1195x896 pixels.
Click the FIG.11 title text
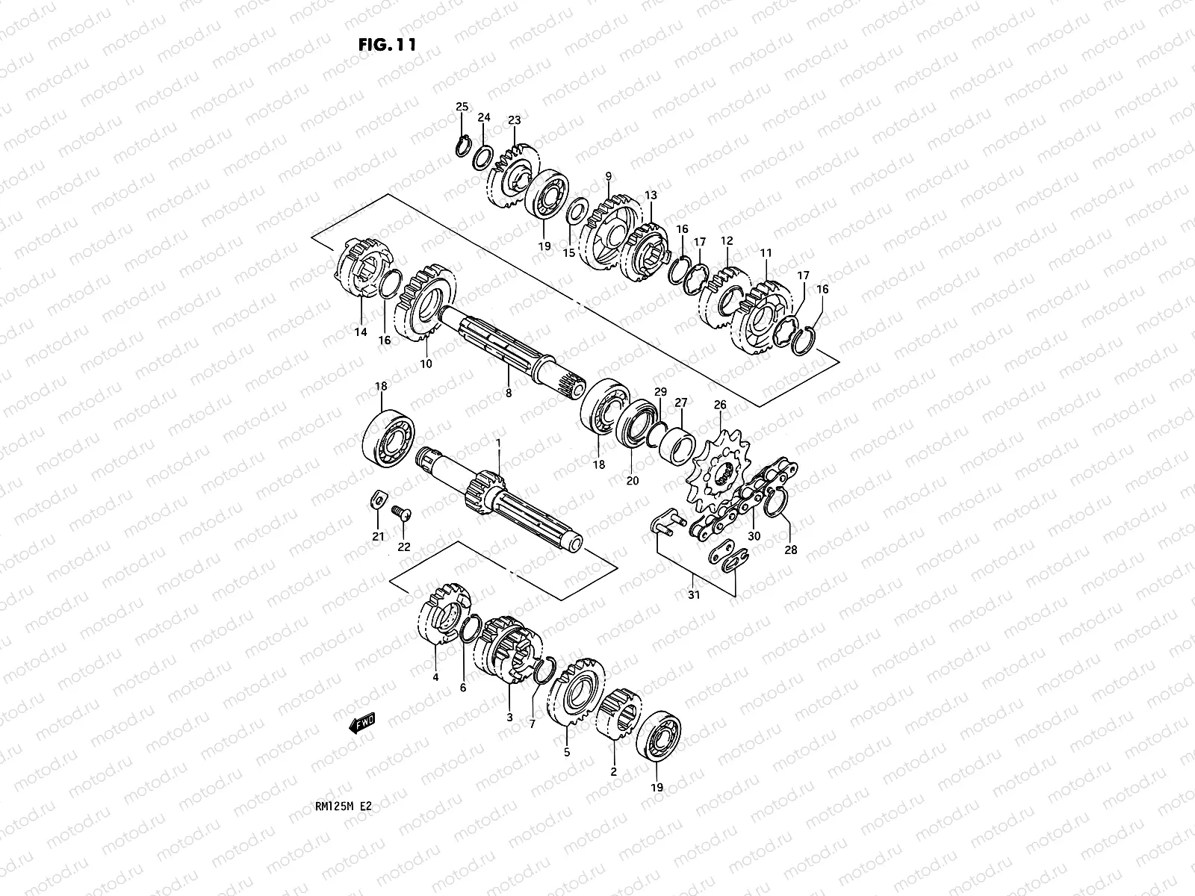click(x=387, y=44)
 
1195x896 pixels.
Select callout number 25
click(x=462, y=108)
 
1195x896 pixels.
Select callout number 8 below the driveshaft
click(x=509, y=393)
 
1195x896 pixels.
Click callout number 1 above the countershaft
click(x=498, y=444)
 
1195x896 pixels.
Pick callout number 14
click(x=361, y=332)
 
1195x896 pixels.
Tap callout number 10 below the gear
click(x=426, y=364)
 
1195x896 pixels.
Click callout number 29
click(x=660, y=391)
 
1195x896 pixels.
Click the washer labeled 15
click(x=576, y=212)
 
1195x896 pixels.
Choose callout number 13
click(x=651, y=195)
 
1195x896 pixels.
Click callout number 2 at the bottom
click(x=614, y=771)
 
